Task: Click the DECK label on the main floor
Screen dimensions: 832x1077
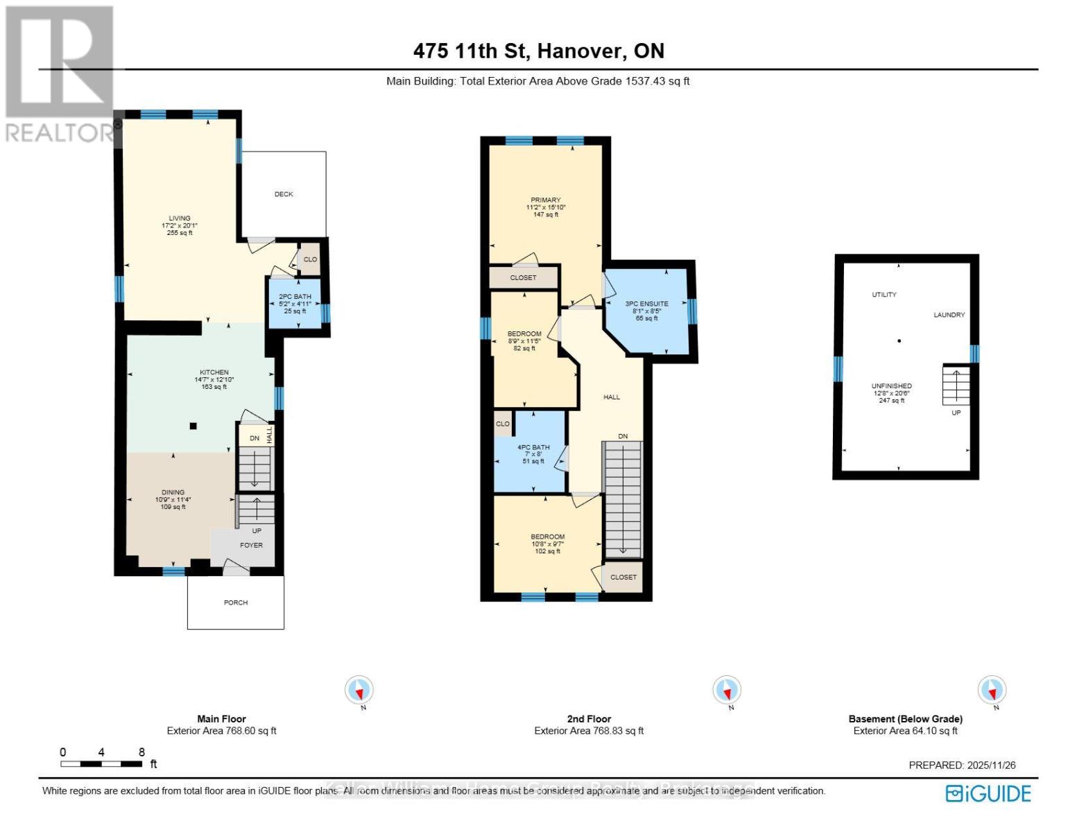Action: [x=284, y=194]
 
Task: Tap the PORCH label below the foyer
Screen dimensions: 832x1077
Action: [x=236, y=603]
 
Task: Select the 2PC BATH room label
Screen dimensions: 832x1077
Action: [x=295, y=297]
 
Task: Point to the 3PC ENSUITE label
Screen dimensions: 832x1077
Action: [x=646, y=304]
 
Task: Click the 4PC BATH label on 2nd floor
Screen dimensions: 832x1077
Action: [x=533, y=447]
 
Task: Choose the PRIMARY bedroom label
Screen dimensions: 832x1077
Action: [x=546, y=200]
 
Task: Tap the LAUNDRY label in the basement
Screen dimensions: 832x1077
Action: [x=949, y=315]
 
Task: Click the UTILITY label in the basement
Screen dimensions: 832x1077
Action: [x=884, y=295]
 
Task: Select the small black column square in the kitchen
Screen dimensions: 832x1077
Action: [x=193, y=426]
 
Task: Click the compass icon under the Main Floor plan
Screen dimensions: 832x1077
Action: [x=359, y=690]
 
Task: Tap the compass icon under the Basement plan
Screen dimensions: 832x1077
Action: [x=992, y=690]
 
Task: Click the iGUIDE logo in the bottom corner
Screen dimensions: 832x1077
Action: [x=988, y=793]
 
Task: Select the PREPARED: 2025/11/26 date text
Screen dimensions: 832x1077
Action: [x=962, y=765]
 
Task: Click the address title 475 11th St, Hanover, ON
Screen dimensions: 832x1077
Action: [x=538, y=51]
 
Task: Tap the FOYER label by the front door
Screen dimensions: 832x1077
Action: [x=251, y=545]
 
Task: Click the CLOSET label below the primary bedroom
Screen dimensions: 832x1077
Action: [x=523, y=277]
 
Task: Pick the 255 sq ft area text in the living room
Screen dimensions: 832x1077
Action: [x=180, y=233]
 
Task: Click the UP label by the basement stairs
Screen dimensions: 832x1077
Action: [x=956, y=413]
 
